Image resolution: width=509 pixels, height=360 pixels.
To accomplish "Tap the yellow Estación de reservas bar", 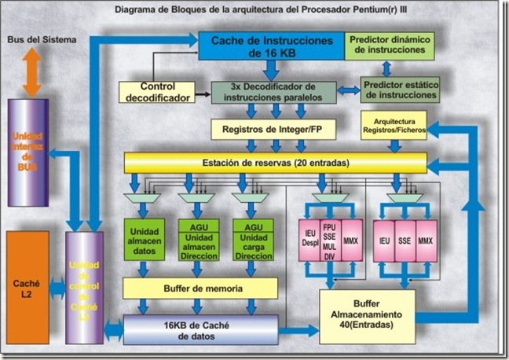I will [x=275, y=163].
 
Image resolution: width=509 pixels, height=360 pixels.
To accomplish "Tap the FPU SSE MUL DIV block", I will [x=331, y=238].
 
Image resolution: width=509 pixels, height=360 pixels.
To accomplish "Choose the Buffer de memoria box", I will [x=200, y=288].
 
